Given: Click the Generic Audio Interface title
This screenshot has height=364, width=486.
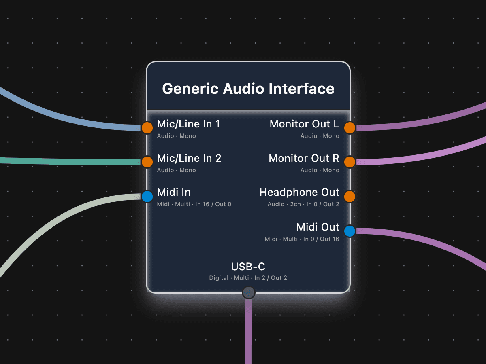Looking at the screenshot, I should pyautogui.click(x=248, y=89).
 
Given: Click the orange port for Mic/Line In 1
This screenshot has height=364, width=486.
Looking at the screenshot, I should pyautogui.click(x=147, y=128).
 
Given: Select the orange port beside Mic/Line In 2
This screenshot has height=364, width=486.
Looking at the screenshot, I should pyautogui.click(x=147, y=162).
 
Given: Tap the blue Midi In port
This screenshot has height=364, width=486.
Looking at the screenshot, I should pyautogui.click(x=147, y=197).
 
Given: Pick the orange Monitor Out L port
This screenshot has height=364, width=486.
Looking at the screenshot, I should pyautogui.click(x=350, y=128).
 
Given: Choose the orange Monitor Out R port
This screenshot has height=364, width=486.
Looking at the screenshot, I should pyautogui.click(x=350, y=162).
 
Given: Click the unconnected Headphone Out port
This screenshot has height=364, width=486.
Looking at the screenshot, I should pyautogui.click(x=350, y=197).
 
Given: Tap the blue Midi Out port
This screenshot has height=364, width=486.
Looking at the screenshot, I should pyautogui.click(x=350, y=231).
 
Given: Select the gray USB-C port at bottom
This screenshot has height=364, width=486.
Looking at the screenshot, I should pyautogui.click(x=248, y=292).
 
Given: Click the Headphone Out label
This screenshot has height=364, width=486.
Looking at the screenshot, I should pyautogui.click(x=299, y=193).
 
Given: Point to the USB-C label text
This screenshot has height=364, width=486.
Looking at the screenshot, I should pyautogui.click(x=248, y=267).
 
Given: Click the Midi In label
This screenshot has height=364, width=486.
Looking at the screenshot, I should pyautogui.click(x=174, y=193).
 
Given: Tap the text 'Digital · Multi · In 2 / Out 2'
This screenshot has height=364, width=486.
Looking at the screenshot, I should pyautogui.click(x=248, y=278).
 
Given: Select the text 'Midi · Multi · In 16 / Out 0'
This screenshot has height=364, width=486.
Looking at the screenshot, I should pyautogui.click(x=194, y=204).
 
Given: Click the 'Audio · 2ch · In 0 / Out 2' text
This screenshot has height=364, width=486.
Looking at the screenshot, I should pyautogui.click(x=303, y=204).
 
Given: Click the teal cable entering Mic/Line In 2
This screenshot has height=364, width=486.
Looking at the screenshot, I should pyautogui.click(x=61, y=161).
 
